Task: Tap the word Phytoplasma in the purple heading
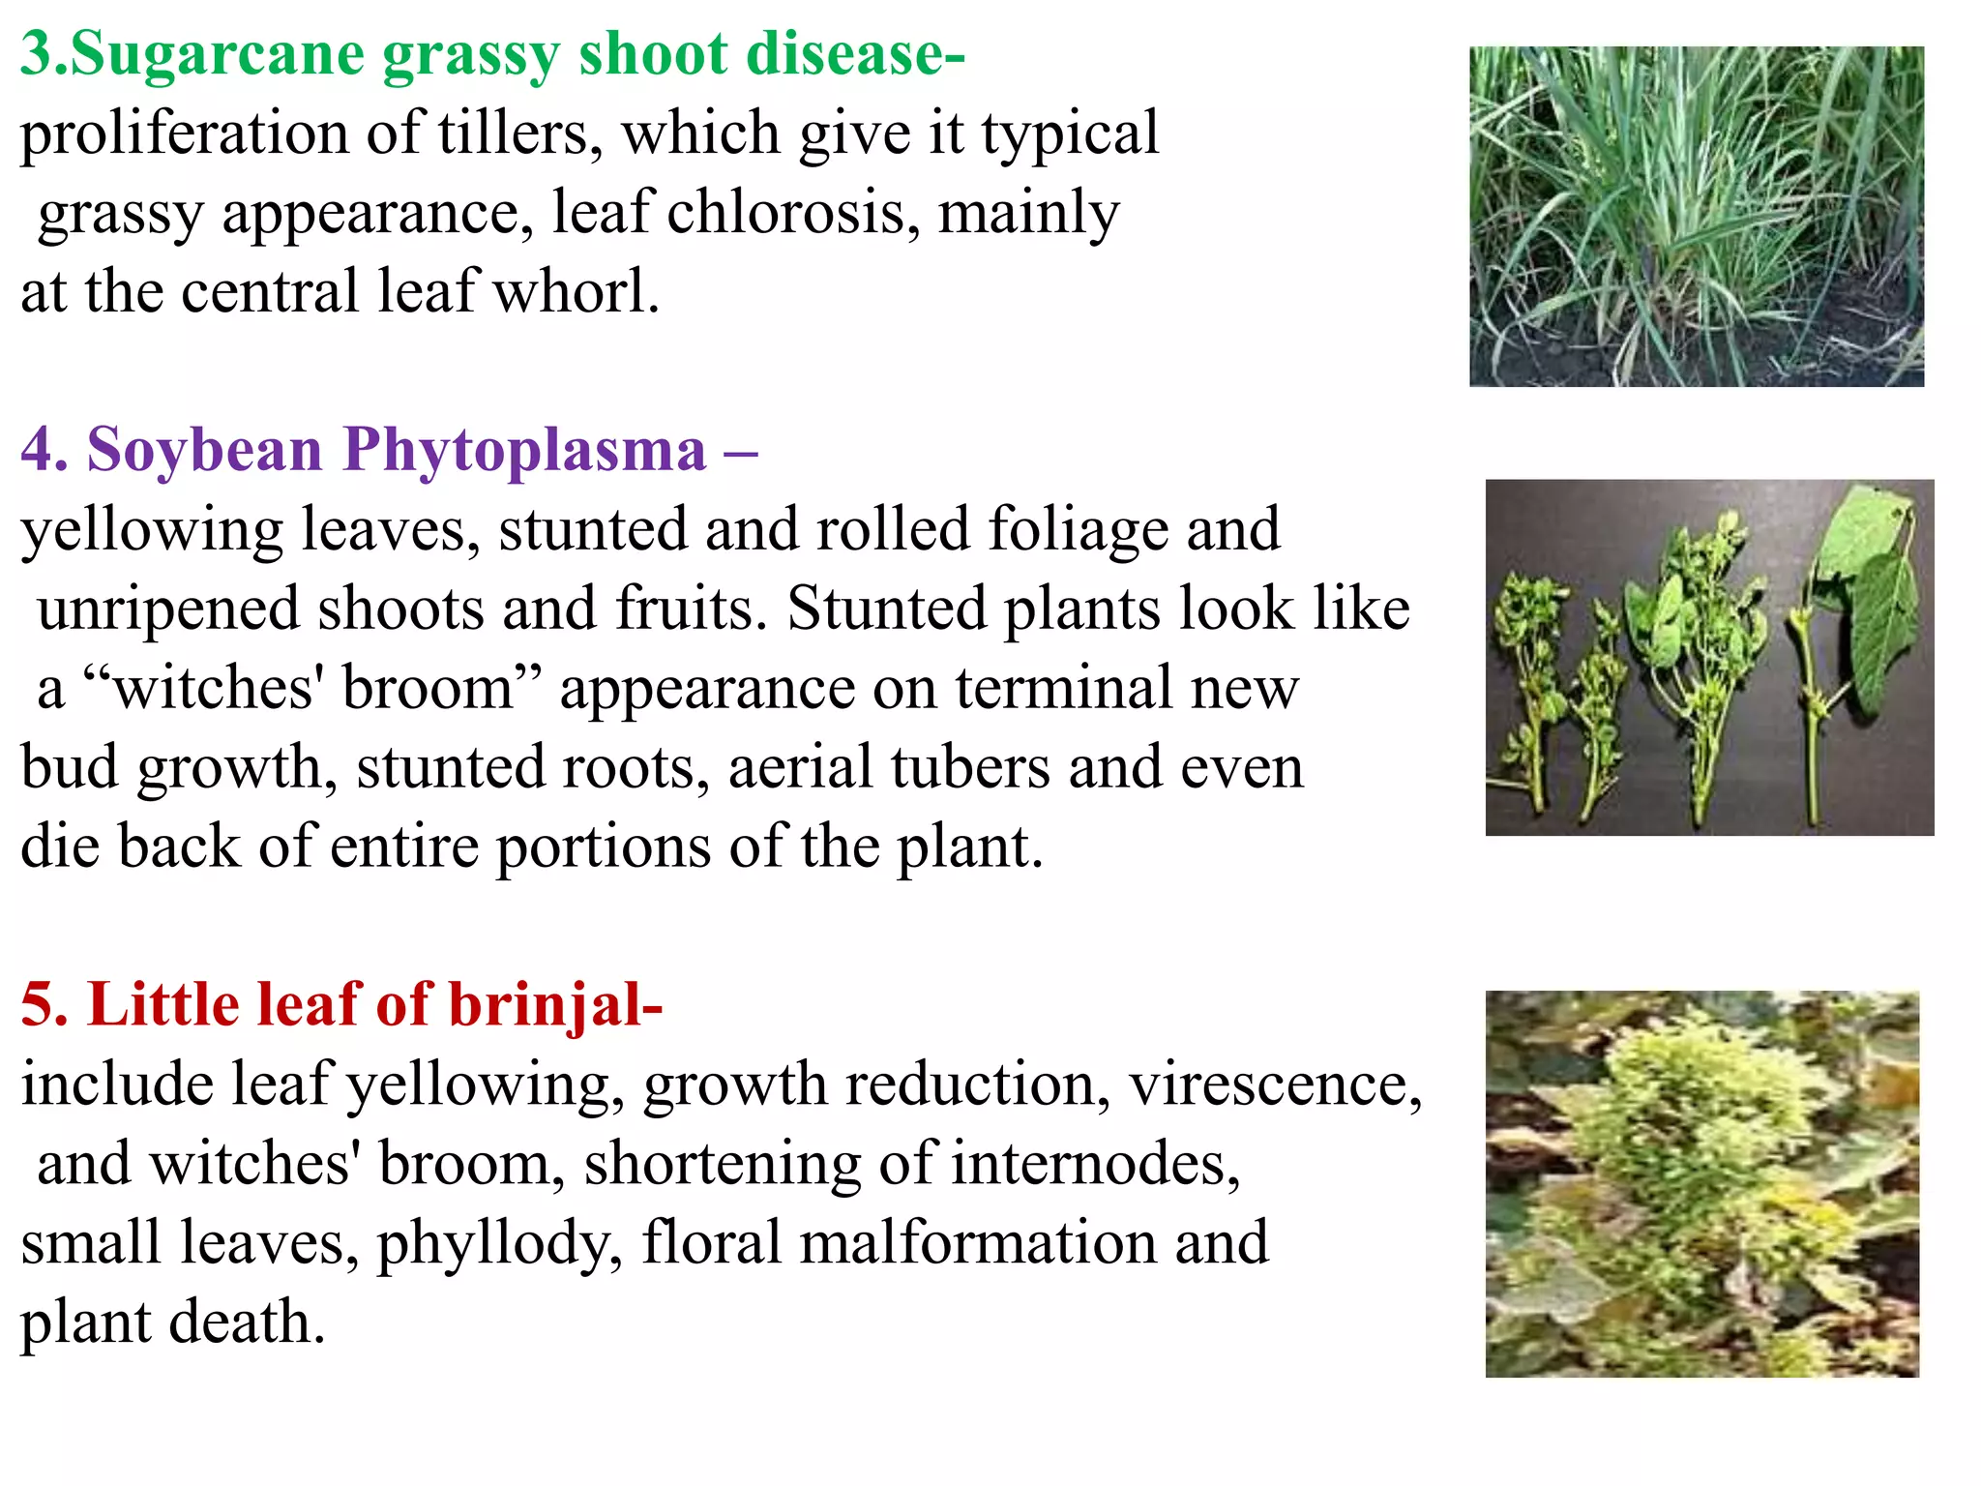(x=524, y=451)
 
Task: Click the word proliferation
(x=184, y=135)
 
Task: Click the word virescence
(x=1275, y=1085)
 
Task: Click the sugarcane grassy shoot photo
(x=1696, y=217)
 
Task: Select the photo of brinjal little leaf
(x=1701, y=1184)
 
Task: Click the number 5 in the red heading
(x=43, y=1006)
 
